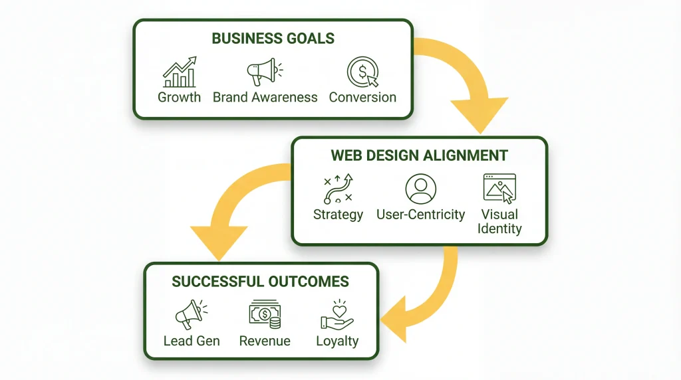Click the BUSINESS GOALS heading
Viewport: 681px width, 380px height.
[x=273, y=38]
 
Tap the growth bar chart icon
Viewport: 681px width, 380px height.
[x=179, y=72]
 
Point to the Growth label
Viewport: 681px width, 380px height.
[x=179, y=97]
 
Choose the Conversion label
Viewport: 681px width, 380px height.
[x=362, y=97]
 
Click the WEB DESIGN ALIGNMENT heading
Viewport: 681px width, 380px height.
[x=419, y=155]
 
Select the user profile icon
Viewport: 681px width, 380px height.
[x=420, y=189]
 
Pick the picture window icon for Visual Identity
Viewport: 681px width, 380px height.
[x=499, y=189]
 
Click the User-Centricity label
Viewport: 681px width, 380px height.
[x=420, y=215]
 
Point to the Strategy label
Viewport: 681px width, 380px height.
[x=338, y=215]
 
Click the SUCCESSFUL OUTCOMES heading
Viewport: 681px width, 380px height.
[x=261, y=281]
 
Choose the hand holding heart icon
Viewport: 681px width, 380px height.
[x=337, y=314]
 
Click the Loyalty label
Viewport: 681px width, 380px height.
[x=337, y=341]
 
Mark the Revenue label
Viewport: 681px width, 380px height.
[x=265, y=341]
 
